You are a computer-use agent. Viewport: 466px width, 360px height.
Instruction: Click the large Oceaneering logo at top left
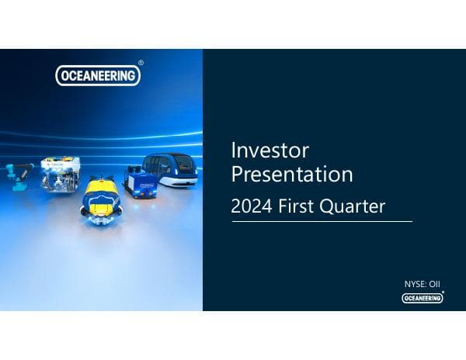(97, 74)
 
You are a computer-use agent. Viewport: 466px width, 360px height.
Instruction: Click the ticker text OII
(436, 285)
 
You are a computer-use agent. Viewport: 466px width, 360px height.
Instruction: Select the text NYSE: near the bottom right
(414, 285)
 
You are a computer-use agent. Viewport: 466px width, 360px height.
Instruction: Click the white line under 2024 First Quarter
(322, 221)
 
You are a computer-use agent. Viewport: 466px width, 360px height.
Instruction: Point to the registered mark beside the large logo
(141, 63)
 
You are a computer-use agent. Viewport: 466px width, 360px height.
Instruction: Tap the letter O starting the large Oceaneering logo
(64, 74)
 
